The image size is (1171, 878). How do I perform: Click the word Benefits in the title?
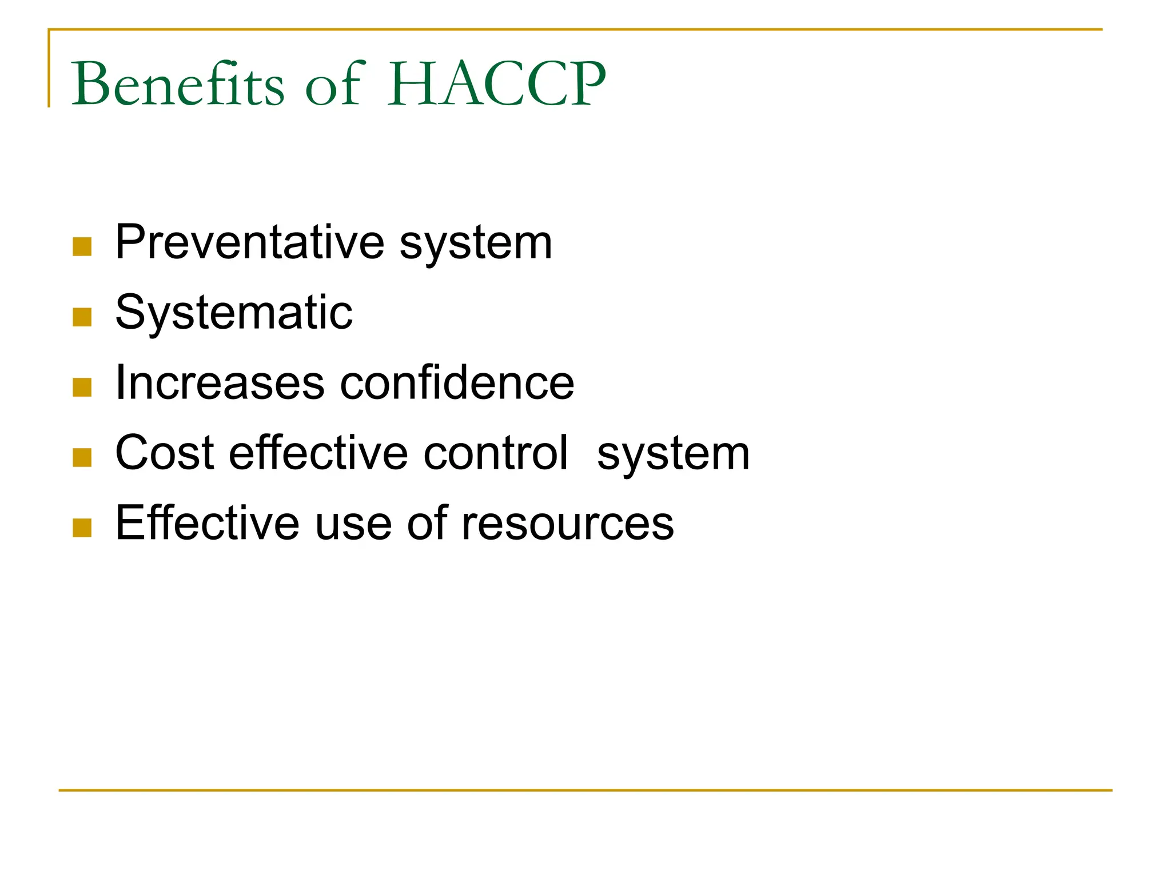[177, 84]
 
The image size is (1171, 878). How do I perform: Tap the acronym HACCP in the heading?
[496, 84]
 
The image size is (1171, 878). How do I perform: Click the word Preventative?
[249, 242]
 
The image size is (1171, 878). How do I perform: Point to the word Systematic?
[234, 313]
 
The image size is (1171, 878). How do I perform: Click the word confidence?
[457, 383]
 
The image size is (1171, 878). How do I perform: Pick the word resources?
[567, 523]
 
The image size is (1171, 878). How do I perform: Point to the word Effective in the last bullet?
[207, 523]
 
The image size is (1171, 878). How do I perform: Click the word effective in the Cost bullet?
[318, 453]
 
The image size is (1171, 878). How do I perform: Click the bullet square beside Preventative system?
[82, 246]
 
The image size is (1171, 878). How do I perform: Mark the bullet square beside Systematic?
[82, 317]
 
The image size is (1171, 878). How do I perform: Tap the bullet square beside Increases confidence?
[82, 387]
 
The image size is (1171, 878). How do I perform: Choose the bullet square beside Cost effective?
[82, 457]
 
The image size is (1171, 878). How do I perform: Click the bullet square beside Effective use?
[82, 528]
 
